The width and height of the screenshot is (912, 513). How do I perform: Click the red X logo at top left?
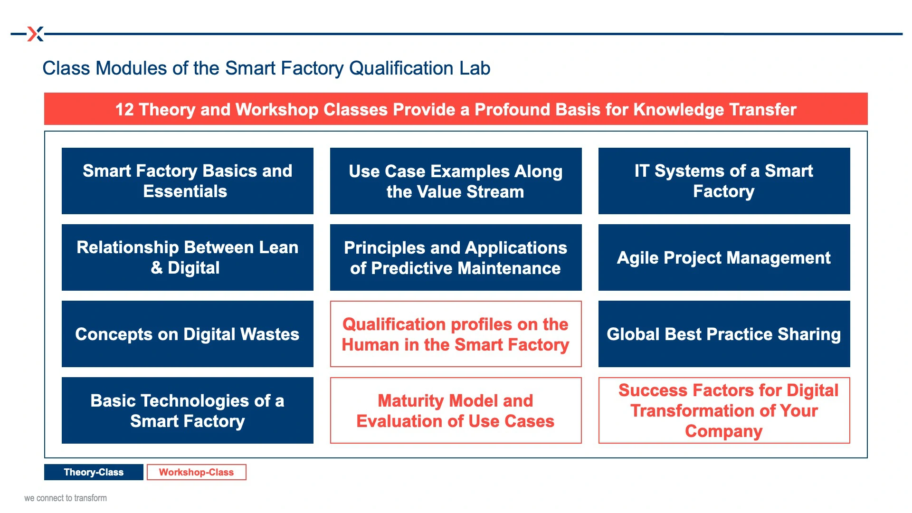(36, 34)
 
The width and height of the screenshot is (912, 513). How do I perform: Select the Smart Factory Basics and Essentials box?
(188, 181)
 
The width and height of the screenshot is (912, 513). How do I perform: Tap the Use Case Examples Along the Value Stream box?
(456, 181)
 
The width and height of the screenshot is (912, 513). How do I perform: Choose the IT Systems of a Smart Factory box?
(724, 181)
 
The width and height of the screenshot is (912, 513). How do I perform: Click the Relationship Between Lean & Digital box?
(188, 257)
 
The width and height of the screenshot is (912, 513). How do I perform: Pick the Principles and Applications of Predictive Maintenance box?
(456, 257)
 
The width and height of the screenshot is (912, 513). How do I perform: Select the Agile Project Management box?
(724, 257)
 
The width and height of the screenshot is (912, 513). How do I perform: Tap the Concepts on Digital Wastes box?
(188, 334)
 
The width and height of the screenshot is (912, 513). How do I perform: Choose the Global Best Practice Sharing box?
(724, 334)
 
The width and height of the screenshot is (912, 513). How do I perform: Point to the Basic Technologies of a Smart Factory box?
(188, 410)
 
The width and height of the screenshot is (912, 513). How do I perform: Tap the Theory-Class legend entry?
(94, 472)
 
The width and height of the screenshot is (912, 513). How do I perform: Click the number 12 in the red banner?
(124, 110)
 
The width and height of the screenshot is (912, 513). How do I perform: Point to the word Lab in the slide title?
(475, 68)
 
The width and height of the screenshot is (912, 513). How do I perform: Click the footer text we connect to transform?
(66, 498)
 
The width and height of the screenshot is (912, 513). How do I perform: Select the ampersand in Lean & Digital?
(157, 268)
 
